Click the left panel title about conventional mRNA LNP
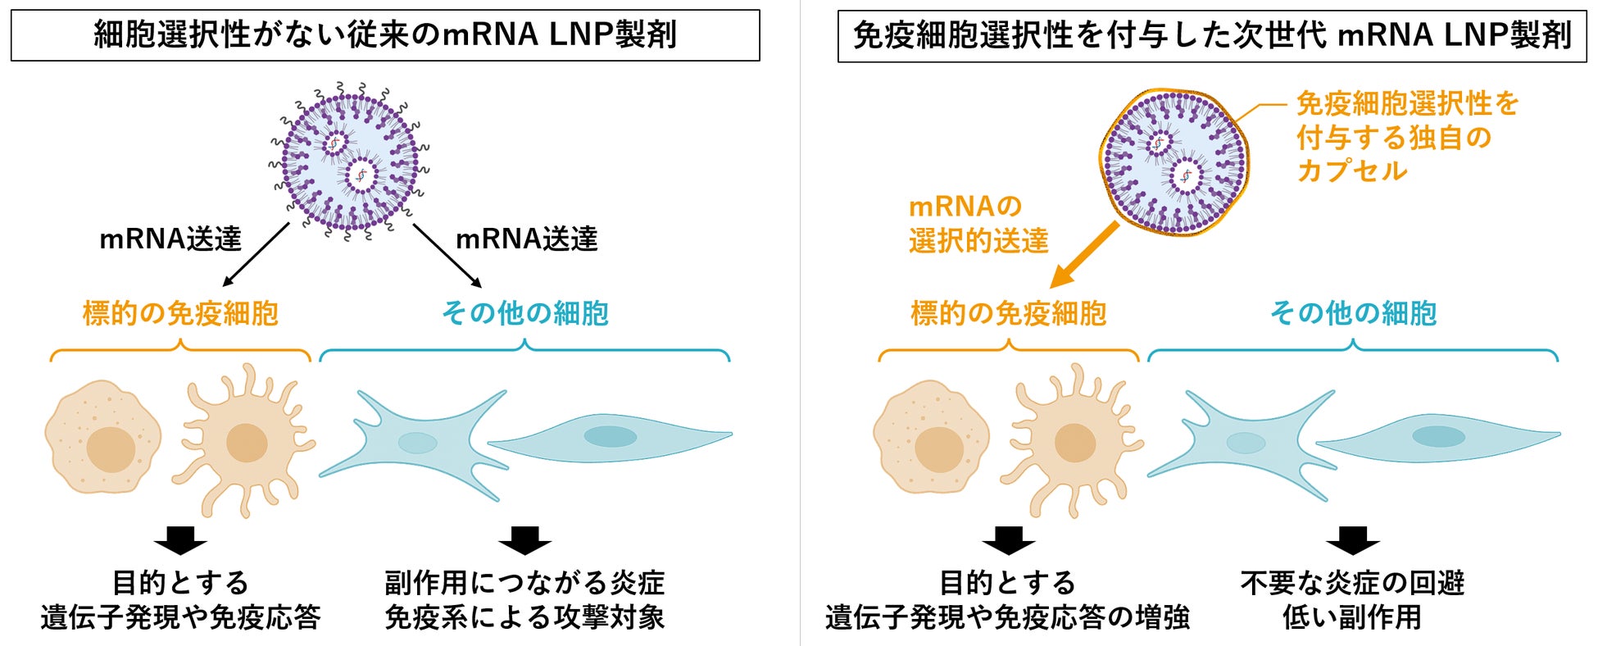tap(385, 35)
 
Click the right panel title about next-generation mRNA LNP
tap(1211, 35)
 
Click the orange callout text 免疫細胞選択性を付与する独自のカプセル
tap(1406, 137)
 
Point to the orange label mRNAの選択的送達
tap(978, 223)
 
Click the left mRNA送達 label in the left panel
tap(170, 239)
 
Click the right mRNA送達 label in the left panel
tap(526, 239)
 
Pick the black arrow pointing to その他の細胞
tap(447, 255)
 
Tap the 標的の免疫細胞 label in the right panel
tap(1008, 313)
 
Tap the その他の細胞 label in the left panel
tap(524, 313)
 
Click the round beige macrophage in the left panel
tap(102, 437)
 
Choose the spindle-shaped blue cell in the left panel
tap(611, 436)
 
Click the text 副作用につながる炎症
tap(524, 583)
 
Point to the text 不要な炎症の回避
tap(1352, 583)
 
